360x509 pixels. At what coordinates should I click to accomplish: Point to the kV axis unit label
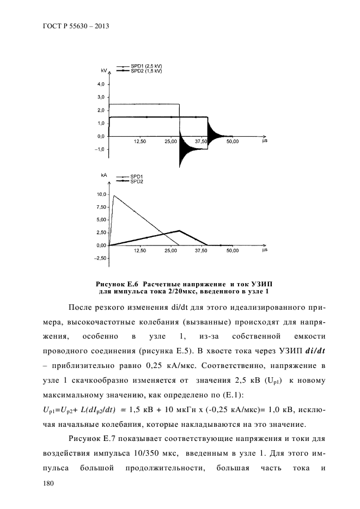point(104,71)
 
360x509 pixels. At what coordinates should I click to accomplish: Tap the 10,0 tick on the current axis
point(101,194)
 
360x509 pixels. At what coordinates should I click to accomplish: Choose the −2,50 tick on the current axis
point(100,259)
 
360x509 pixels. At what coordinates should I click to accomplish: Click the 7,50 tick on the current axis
point(101,207)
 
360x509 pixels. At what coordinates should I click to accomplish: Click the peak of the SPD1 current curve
point(114,195)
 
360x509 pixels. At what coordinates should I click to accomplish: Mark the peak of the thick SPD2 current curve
point(179,230)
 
